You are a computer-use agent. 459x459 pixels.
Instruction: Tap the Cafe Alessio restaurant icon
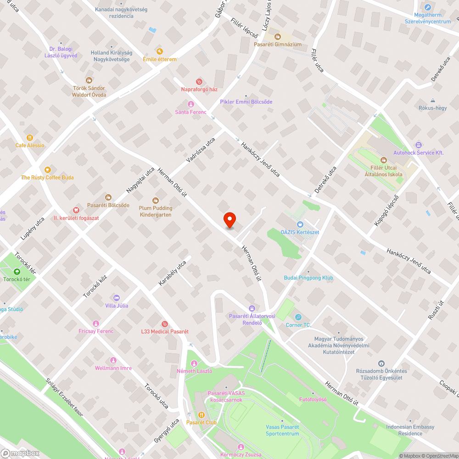30,137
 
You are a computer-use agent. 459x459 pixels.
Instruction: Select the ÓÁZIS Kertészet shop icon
300,224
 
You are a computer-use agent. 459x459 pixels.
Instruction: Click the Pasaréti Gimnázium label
278,45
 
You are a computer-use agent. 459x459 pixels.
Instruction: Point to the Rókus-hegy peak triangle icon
432,101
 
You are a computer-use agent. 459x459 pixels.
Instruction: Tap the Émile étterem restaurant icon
159,51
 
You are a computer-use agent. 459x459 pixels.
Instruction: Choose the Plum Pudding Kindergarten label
156,211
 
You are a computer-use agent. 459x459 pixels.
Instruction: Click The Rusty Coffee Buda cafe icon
47,169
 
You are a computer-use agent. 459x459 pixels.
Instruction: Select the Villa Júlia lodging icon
116,298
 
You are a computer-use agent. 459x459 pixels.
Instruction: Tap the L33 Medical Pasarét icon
165,324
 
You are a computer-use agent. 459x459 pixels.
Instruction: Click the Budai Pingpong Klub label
308,278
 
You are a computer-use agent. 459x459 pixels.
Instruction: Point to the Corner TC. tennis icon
298,317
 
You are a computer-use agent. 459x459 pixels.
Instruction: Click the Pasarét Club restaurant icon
201,414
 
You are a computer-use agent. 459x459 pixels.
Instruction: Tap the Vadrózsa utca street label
201,151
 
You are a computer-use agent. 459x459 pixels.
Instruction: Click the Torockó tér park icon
17,271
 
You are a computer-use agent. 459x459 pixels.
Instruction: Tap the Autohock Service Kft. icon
418,145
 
